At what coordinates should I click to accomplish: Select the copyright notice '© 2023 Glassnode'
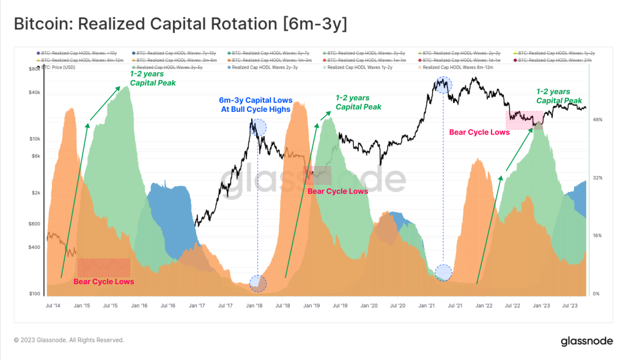pyautogui.click(x=68, y=340)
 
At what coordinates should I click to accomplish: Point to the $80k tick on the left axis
pyautogui.click(x=34, y=69)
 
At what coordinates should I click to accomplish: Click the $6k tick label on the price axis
pyautogui.click(x=35, y=156)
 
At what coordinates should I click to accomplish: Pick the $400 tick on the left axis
pyautogui.click(x=34, y=247)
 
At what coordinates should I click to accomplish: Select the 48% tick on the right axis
pyautogui.click(x=597, y=120)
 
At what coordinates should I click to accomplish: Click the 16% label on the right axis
pyautogui.click(x=597, y=235)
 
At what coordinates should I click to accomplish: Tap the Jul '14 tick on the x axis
pyautogui.click(x=53, y=304)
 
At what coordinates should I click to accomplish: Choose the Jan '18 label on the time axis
pyautogui.click(x=255, y=304)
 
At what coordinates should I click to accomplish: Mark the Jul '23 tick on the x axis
pyautogui.click(x=569, y=304)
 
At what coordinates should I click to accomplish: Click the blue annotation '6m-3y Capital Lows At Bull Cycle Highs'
pyautogui.click(x=256, y=105)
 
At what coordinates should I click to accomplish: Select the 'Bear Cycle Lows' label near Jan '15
pyautogui.click(x=103, y=282)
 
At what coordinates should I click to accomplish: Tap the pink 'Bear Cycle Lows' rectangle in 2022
pyautogui.click(x=524, y=119)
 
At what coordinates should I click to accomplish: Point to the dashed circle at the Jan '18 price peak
pyautogui.click(x=258, y=127)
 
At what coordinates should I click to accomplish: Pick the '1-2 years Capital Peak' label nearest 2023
pyautogui.click(x=559, y=96)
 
